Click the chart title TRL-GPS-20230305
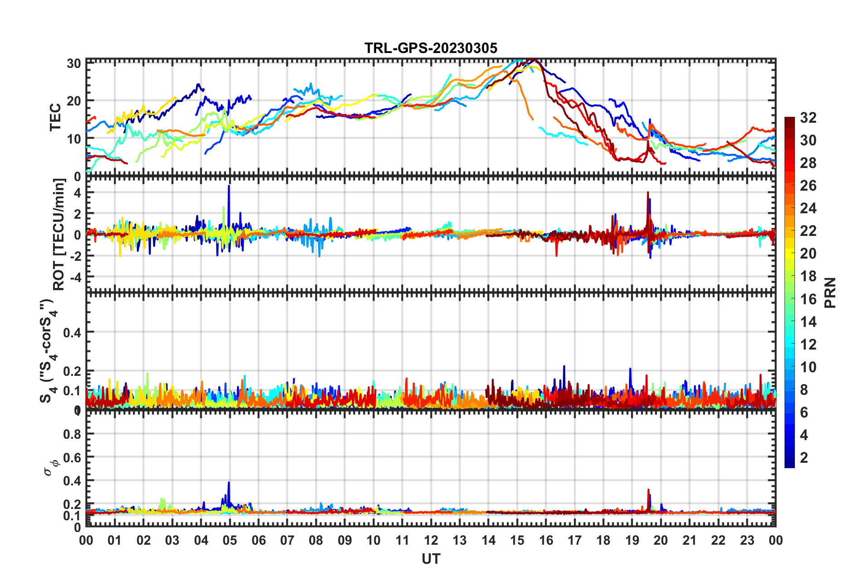[x=431, y=48]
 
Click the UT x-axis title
[x=431, y=559]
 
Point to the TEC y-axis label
[x=55, y=117]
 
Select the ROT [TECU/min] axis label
[x=59, y=234]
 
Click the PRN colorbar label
[x=830, y=292]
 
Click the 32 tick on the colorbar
[x=808, y=118]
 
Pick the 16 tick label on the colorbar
[x=808, y=299]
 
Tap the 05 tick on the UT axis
[x=230, y=540]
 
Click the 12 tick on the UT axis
[x=431, y=540]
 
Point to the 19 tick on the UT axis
[x=632, y=540]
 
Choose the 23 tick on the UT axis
[x=747, y=540]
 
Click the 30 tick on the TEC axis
[x=74, y=63]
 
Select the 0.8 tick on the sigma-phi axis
[x=72, y=434]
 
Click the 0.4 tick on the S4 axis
[x=72, y=333]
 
